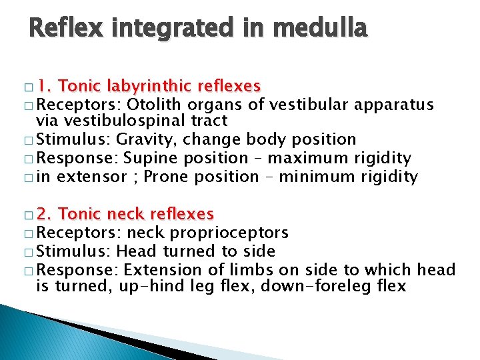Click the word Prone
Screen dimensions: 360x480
(167, 177)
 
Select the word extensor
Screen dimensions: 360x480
(93, 177)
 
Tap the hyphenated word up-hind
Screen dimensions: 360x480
(149, 287)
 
